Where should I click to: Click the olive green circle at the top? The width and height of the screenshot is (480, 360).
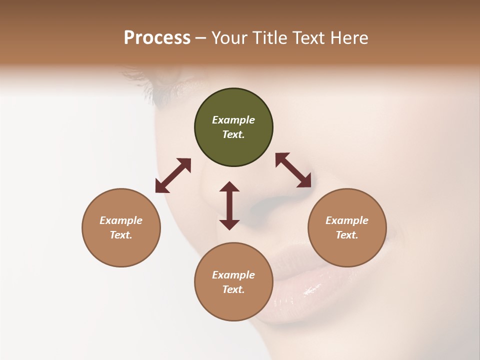[233, 127]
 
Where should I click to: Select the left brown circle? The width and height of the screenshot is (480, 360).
[121, 227]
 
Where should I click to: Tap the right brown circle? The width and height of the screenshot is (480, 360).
[347, 227]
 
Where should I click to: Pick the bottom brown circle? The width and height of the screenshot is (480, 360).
[233, 282]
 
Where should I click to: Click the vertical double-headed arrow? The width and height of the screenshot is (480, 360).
[229, 205]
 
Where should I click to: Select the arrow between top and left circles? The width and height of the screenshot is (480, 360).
[173, 175]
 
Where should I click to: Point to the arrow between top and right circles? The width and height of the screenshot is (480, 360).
[293, 170]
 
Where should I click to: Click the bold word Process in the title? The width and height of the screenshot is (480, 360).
[157, 38]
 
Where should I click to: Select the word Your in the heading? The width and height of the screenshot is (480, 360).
[229, 38]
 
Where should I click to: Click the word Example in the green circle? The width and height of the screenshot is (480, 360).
[233, 120]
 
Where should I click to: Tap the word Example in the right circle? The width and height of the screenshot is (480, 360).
[347, 220]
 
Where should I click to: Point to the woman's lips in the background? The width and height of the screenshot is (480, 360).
[295, 280]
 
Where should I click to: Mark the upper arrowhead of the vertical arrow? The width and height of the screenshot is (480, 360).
[229, 186]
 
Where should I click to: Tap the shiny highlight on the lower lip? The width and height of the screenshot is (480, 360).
[312, 289]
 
